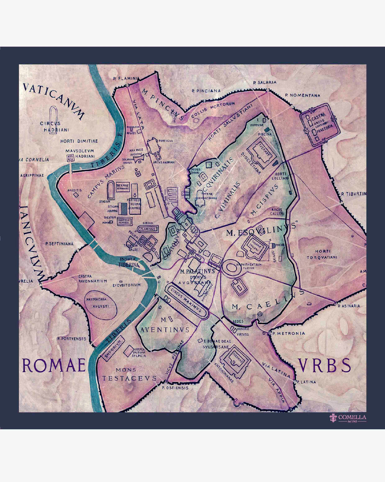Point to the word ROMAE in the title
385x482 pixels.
pyautogui.click(x=54, y=365)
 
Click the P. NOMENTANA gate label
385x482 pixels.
pyautogui.click(x=303, y=95)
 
